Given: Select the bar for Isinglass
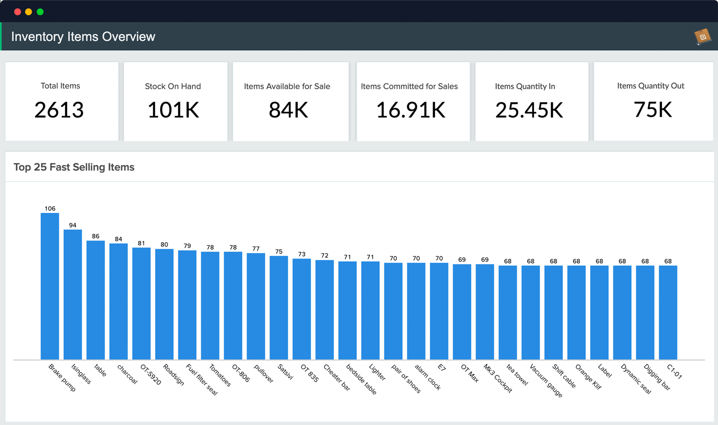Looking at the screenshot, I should point(73,294).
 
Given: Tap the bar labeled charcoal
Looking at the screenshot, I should point(118,301).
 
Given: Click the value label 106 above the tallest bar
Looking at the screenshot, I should point(50,208).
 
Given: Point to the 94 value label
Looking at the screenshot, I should point(73,225).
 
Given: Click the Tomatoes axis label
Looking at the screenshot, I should point(220,375).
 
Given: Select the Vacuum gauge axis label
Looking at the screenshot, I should point(546,380).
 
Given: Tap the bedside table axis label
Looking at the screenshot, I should point(361,379).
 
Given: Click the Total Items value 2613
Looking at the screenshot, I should point(59,110).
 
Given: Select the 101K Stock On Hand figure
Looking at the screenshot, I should point(173,110).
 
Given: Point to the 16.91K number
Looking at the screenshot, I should point(411,110).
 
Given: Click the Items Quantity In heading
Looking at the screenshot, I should point(525,86).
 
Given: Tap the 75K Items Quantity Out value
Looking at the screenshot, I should point(653,110).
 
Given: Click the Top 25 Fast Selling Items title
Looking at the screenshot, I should point(74,167).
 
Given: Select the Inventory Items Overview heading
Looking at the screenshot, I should point(83,37).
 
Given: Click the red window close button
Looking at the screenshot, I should point(17,11).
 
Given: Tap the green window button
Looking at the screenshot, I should point(40,11).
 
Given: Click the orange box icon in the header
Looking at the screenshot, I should point(703,36).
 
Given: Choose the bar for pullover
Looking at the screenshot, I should point(256,306).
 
